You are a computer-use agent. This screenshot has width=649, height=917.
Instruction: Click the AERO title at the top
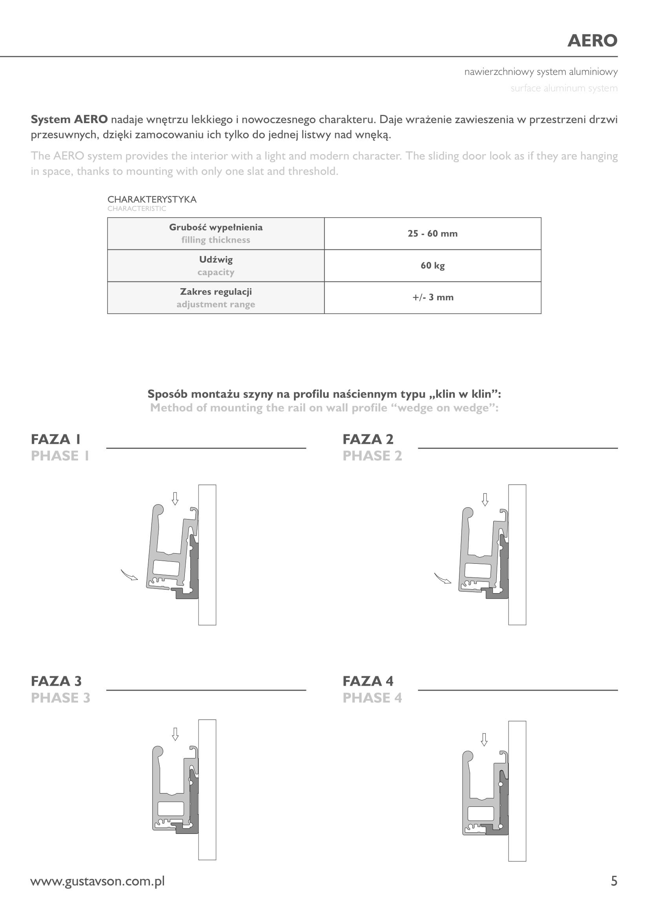pos(592,41)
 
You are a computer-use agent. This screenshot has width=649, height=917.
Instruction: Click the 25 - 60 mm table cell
pos(432,234)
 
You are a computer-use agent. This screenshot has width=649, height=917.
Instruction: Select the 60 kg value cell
pos(432,265)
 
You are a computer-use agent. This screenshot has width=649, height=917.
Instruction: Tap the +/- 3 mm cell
pos(432,298)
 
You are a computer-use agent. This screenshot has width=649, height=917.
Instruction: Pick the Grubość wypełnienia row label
pos(216,228)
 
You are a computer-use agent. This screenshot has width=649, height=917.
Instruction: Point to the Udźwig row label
pos(216,260)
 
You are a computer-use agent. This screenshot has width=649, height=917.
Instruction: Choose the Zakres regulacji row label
pos(216,292)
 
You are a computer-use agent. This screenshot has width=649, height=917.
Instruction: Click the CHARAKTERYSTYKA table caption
pos(152,199)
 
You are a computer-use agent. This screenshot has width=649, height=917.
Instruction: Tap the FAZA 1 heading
pos(56,439)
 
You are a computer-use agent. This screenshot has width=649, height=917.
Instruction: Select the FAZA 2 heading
pos(368,439)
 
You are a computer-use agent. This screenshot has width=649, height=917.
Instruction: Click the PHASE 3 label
pos(61,698)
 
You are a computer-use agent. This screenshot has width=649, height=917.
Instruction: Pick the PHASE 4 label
pos(372,698)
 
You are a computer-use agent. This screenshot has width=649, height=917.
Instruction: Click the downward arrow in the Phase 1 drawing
pos(175,498)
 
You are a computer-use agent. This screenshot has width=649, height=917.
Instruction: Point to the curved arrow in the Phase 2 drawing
pos(442,578)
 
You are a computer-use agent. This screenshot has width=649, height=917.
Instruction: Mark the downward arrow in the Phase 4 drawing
pos(484,740)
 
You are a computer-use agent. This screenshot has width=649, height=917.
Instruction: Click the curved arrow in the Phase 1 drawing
pos(129,575)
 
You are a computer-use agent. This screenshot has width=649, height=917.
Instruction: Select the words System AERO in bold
pos(69,120)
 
